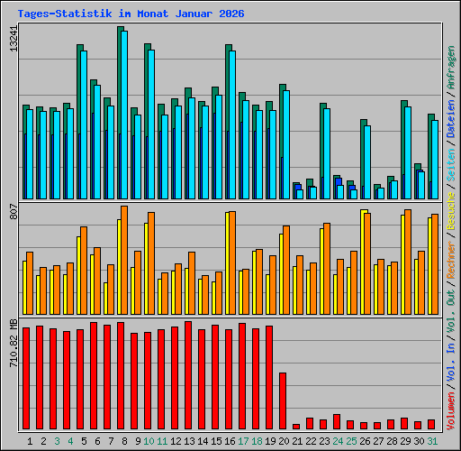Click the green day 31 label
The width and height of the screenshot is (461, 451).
click(433, 440)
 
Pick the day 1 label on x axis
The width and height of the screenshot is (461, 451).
click(31, 440)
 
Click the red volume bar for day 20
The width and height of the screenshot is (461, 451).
click(283, 400)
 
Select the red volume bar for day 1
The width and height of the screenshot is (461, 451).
click(26, 378)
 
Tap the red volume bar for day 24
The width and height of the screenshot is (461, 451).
click(337, 421)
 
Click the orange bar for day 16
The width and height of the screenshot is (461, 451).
click(232, 262)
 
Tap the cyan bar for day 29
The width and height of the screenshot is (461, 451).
click(408, 152)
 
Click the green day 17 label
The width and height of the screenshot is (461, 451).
click(244, 440)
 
